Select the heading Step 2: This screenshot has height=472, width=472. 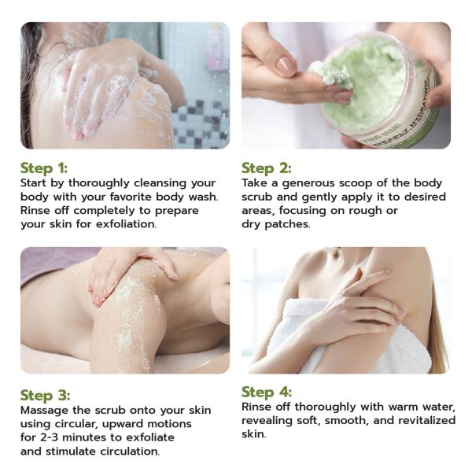pos(267,168)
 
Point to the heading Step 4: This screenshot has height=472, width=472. pos(267,392)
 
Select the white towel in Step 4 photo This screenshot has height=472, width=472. pos(346,346)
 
